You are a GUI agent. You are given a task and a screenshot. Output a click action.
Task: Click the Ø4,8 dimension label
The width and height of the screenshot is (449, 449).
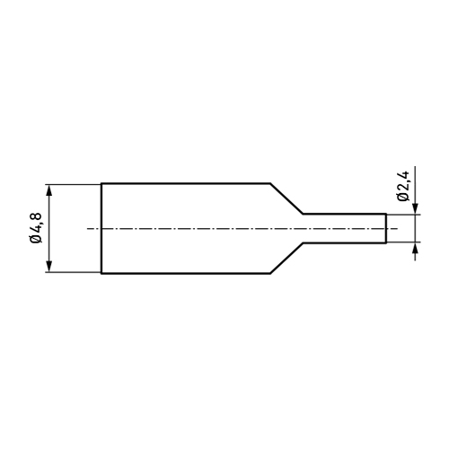click(36, 228)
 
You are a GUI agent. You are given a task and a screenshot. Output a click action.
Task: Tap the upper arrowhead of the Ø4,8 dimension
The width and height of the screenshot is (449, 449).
click(49, 190)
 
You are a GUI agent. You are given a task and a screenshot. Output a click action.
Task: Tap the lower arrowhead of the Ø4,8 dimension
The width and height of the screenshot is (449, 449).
click(49, 267)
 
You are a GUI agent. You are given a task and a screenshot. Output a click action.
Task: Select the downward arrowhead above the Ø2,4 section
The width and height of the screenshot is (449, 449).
click(415, 208)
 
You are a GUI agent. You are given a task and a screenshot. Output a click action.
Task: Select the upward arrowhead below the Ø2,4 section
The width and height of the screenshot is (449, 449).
click(415, 248)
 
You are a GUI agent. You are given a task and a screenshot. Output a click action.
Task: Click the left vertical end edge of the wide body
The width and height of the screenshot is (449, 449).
click(101, 228)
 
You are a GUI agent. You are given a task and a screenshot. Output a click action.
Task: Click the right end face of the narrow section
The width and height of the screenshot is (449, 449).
click(386, 228)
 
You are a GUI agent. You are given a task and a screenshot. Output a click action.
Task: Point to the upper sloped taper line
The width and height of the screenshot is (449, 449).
click(286, 198)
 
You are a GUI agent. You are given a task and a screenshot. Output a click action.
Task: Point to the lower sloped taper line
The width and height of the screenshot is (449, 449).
click(286, 258)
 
